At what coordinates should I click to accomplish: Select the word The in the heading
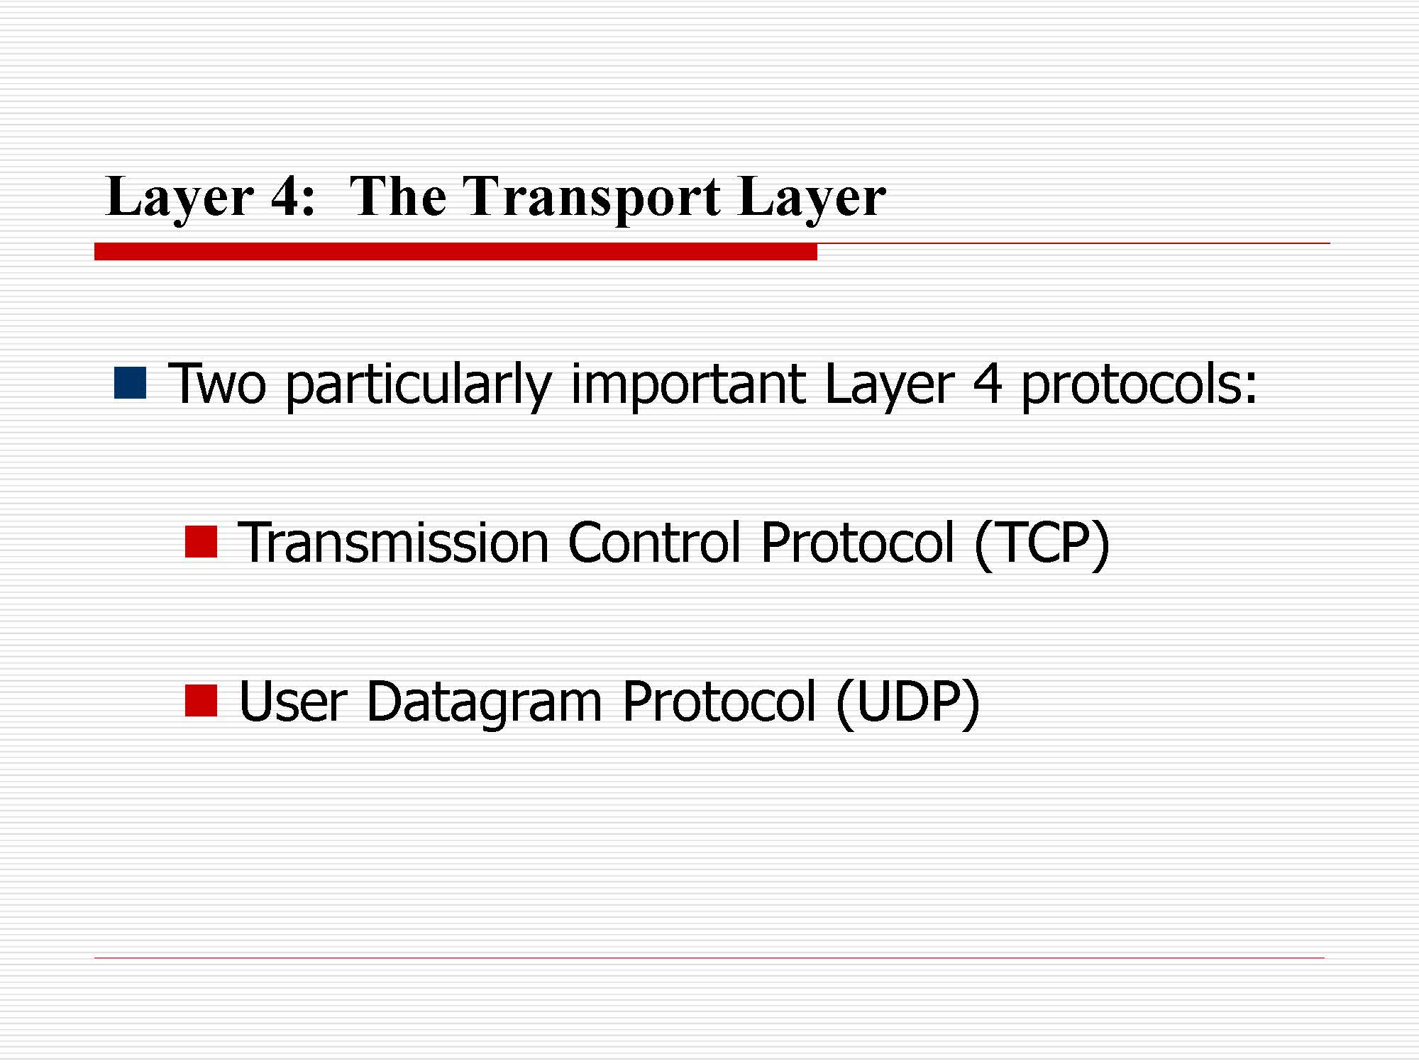pyautogui.click(x=398, y=195)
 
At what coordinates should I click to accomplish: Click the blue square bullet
pyautogui.click(x=131, y=383)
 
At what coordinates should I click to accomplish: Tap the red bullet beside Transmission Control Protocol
pyautogui.click(x=201, y=542)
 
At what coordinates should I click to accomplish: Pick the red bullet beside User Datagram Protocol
pyautogui.click(x=201, y=701)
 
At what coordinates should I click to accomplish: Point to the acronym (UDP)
pyautogui.click(x=908, y=703)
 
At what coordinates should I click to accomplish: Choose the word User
pyautogui.click(x=293, y=702)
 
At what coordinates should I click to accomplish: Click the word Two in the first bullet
pyautogui.click(x=217, y=384)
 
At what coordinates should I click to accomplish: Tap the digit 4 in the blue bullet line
pyautogui.click(x=987, y=384)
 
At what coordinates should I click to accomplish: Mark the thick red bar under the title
pyautogui.click(x=455, y=252)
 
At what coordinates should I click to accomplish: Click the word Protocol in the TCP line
pyautogui.click(x=858, y=543)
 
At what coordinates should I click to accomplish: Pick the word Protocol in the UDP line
pyautogui.click(x=719, y=702)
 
